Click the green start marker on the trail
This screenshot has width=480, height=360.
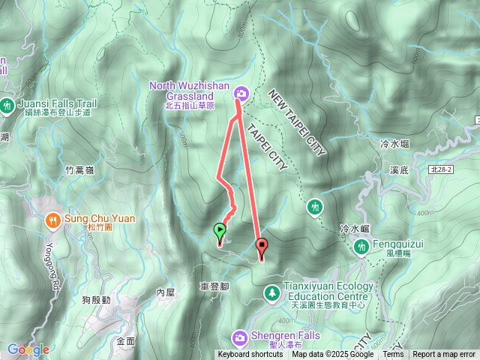pos(220,232)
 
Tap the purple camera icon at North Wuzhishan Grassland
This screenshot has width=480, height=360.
pos(241,93)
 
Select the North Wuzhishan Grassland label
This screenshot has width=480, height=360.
pos(189,91)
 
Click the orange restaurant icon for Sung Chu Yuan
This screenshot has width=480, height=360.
pos(52,220)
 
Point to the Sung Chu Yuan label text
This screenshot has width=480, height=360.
pos(100,218)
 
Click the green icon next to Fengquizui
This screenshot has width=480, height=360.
pos(362,245)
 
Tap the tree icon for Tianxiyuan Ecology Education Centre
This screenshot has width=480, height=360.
pos(271,291)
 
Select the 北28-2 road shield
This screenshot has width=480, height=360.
pos(463,172)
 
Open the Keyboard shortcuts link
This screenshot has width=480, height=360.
pos(251,355)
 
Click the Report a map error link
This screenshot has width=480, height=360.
pos(443,355)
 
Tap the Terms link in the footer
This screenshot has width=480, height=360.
pos(393,355)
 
